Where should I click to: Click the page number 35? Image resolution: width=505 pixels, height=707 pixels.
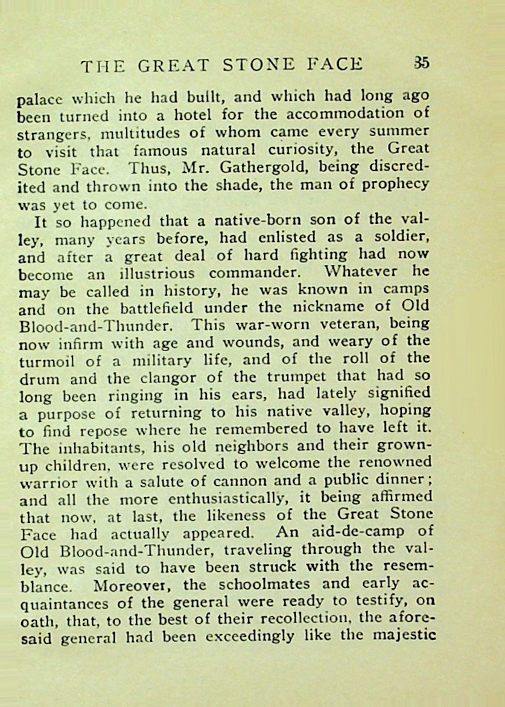coord(421,63)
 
